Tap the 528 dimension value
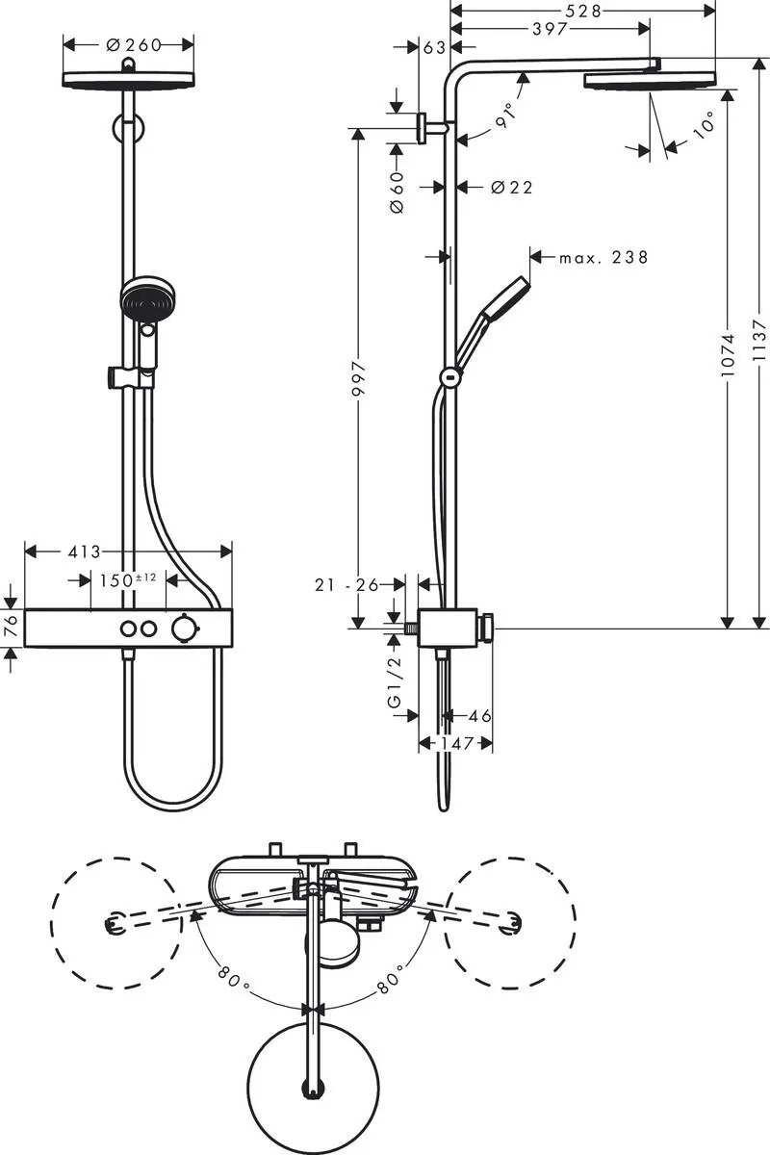coord(583,11)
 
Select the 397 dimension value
coord(550,29)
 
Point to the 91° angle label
coord(507,113)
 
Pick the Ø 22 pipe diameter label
coord(511,188)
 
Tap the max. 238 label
coord(603,257)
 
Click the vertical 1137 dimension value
coord(760,341)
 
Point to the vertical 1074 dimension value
coord(729,354)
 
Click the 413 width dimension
coord(85,552)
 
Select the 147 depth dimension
coord(456,743)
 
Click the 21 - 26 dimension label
coord(346,583)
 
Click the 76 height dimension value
coord(11,627)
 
